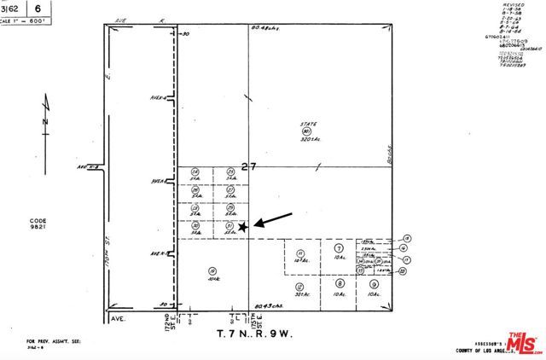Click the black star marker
click(x=243, y=227)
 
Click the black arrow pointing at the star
click(x=274, y=219)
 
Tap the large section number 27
click(x=248, y=167)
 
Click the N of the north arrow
click(x=44, y=122)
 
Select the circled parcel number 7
click(x=339, y=247)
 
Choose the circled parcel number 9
click(x=375, y=284)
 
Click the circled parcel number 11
click(x=300, y=253)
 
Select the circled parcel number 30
click(x=195, y=225)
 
